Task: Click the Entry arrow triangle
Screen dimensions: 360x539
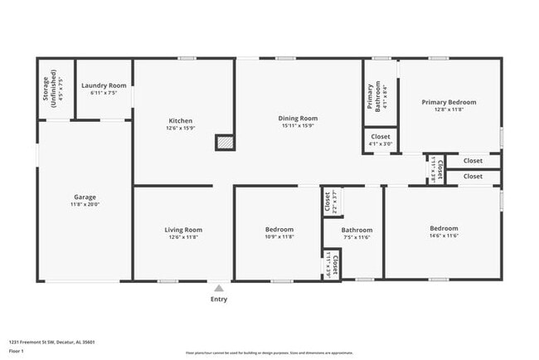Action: [219, 288]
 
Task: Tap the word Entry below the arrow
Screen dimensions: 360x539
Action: [219, 299]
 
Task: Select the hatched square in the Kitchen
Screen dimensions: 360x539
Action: [224, 143]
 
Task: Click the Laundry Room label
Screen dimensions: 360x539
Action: [104, 85]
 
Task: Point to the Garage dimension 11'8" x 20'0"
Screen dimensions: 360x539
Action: [85, 204]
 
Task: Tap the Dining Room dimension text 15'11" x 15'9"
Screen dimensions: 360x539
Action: [297, 127]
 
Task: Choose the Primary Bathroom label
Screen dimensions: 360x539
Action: [371, 96]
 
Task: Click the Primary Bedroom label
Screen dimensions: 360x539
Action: [449, 102]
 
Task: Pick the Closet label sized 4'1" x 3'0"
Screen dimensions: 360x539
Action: [380, 136]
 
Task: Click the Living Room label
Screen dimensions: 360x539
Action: [182, 230]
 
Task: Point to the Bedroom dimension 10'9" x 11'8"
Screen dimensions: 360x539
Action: [279, 237]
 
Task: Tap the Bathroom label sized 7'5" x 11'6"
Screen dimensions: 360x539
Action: [357, 230]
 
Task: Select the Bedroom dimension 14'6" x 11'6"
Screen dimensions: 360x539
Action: [443, 236]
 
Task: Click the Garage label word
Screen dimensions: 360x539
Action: [85, 197]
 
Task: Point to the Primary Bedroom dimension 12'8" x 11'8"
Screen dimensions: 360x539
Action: [449, 109]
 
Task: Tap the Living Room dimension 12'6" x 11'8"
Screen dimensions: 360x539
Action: [182, 237]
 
